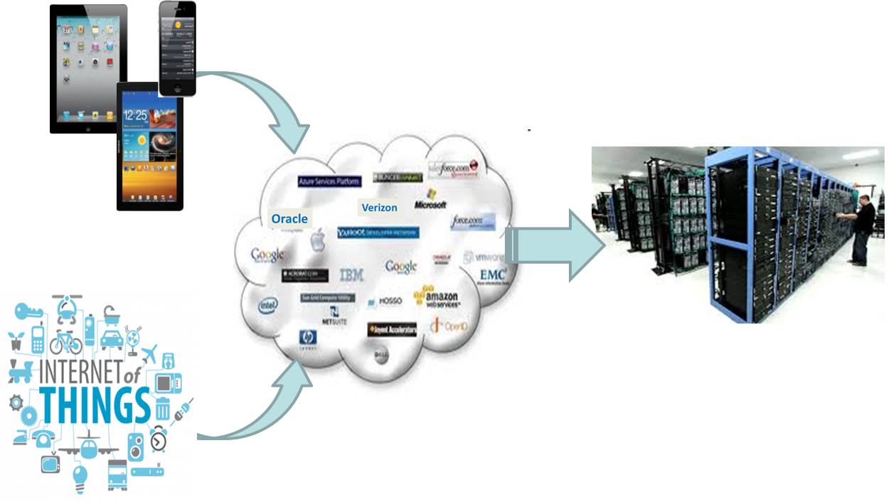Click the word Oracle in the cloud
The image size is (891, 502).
(289, 219)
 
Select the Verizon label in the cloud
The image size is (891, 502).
(379, 208)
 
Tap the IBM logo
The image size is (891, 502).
(351, 275)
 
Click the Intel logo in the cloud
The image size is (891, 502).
(268, 306)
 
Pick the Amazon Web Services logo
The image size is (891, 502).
(437, 297)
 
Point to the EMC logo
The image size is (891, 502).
(493, 275)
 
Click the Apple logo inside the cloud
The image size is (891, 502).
(317, 240)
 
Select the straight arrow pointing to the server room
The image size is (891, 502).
(555, 245)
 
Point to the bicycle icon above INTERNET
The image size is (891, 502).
(65, 343)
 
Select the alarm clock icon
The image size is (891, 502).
(158, 440)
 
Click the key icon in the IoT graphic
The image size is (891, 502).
(28, 311)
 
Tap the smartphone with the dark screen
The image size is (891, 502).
(177, 48)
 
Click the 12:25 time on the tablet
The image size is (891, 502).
(136, 114)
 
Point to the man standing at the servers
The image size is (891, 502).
(861, 228)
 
